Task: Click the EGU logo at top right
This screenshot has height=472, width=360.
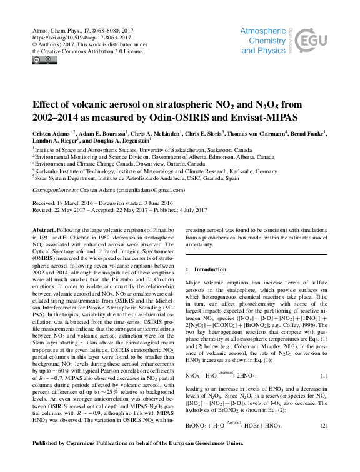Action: pyautogui.click(x=314, y=41)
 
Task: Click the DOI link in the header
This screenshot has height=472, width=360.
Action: pyautogui.click(x=73, y=38)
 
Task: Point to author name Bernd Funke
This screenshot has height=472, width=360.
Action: pyautogui.click(x=309, y=133)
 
